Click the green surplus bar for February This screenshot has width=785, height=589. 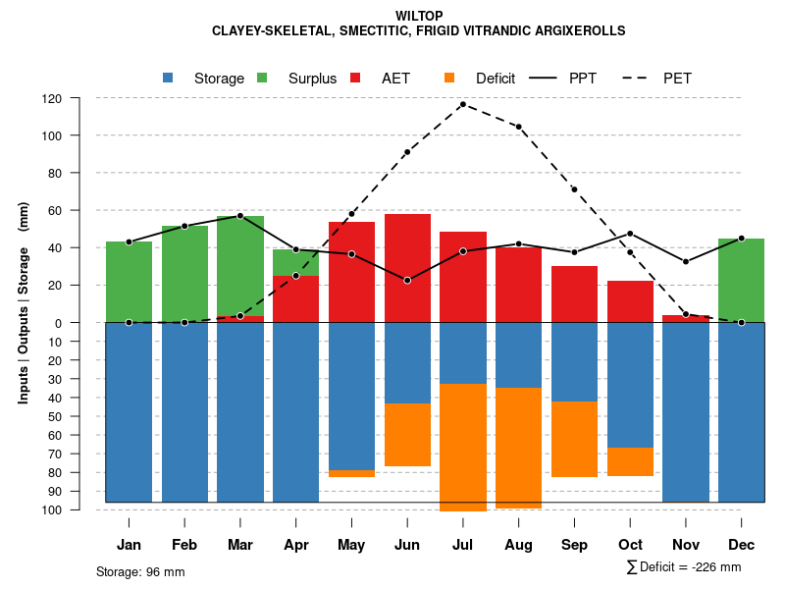[184, 274]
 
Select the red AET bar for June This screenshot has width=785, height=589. [407, 268]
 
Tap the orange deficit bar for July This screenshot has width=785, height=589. [463, 448]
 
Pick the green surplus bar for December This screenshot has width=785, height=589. [741, 280]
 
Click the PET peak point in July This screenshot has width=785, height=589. [463, 104]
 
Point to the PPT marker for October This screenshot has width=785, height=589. [630, 234]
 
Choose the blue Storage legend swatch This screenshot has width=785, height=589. [168, 79]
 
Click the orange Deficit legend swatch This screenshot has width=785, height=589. [449, 79]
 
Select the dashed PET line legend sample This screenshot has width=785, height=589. [637, 79]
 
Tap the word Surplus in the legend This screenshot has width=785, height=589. [312, 79]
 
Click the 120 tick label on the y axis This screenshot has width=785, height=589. [78, 99]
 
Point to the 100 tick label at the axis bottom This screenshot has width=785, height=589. [78, 510]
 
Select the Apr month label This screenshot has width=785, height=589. [295, 545]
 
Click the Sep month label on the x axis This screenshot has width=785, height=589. [574, 545]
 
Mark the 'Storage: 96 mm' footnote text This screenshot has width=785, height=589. [140, 571]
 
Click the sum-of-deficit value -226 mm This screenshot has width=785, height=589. [715, 567]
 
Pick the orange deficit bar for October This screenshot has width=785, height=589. [630, 461]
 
